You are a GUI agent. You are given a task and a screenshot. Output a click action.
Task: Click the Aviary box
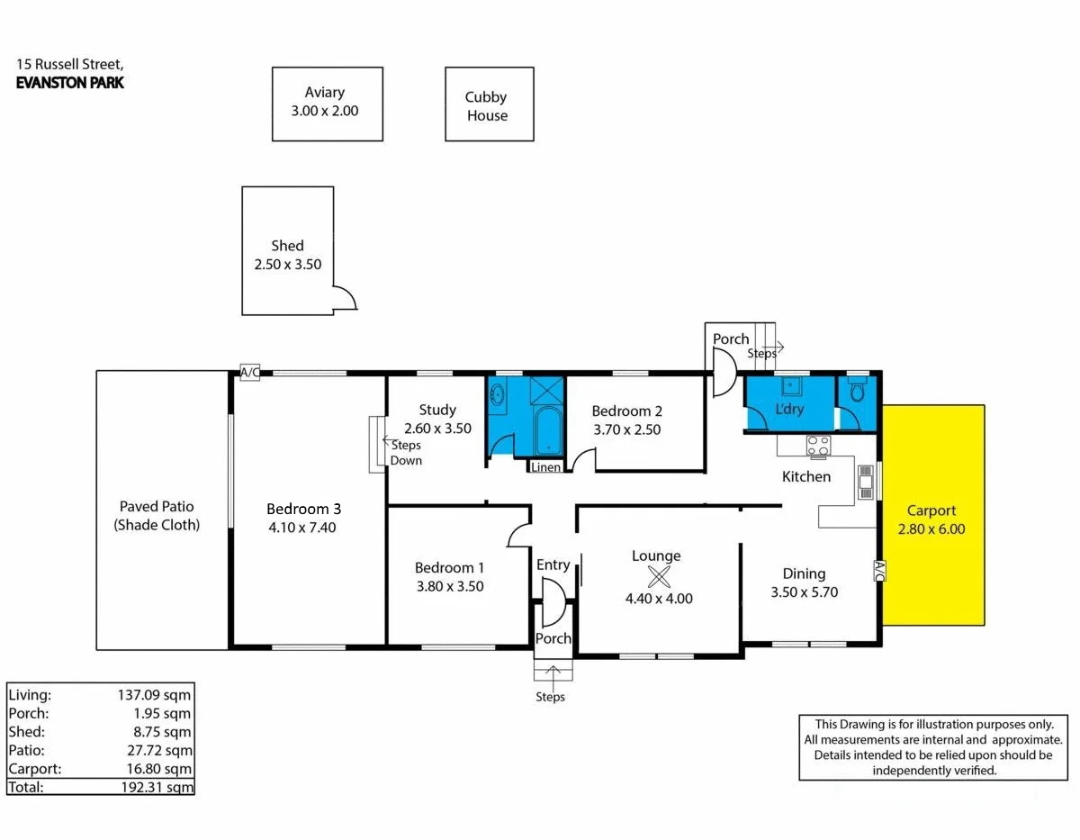[328, 104]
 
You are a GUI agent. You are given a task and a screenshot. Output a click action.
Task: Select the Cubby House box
[490, 106]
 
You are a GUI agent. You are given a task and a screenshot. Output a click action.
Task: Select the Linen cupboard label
[546, 467]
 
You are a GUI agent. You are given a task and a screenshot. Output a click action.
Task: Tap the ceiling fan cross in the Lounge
[660, 576]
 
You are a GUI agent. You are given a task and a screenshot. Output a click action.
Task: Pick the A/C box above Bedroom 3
[249, 373]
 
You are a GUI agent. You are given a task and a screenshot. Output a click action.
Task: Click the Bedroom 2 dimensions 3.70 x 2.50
[626, 429]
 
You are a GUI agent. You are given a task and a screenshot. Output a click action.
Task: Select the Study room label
[437, 410]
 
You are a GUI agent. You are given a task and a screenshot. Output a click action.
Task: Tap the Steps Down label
[406, 453]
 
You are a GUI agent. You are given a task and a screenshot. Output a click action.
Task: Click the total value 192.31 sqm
[157, 786]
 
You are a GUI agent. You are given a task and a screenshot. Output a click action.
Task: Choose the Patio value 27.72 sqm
[157, 749]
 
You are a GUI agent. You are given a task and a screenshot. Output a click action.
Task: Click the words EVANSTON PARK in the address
[70, 83]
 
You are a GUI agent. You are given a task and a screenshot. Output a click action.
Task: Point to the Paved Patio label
[157, 516]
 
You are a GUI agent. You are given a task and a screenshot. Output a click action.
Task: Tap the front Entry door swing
[551, 601]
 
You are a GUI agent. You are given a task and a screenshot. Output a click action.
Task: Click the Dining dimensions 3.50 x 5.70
[804, 592]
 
